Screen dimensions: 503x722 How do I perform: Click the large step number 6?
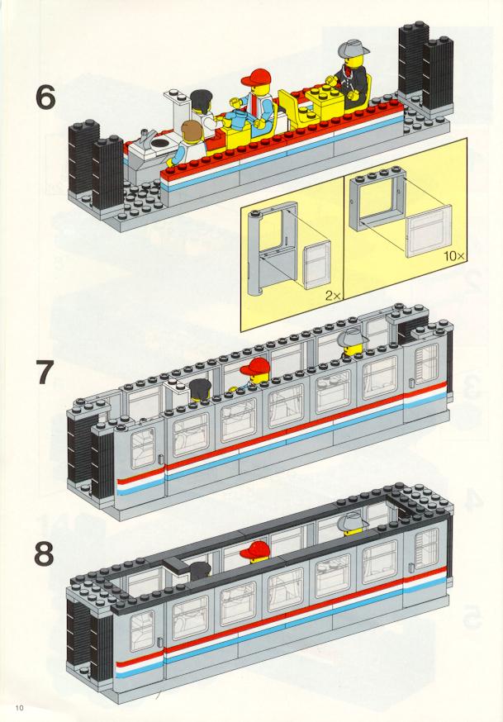click(x=45, y=97)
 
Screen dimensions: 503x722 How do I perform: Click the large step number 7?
click(x=45, y=373)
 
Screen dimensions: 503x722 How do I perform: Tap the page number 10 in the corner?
click(x=19, y=707)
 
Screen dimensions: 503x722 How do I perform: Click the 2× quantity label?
click(x=333, y=296)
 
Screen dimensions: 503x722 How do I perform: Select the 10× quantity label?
click(x=454, y=255)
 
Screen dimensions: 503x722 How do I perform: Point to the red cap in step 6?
click(x=255, y=78)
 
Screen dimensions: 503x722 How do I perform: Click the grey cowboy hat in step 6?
click(x=354, y=47)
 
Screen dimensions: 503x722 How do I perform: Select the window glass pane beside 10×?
click(x=429, y=230)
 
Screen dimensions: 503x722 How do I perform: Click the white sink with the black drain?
click(x=153, y=146)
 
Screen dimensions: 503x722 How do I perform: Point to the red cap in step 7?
click(x=254, y=367)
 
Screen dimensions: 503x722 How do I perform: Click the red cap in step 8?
click(x=254, y=549)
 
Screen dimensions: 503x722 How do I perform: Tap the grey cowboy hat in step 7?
click(x=353, y=339)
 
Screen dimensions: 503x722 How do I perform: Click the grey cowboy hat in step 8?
click(x=353, y=522)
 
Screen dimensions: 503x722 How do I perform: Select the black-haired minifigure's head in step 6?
click(x=202, y=101)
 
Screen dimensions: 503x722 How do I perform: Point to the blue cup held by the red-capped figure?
click(x=238, y=119)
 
